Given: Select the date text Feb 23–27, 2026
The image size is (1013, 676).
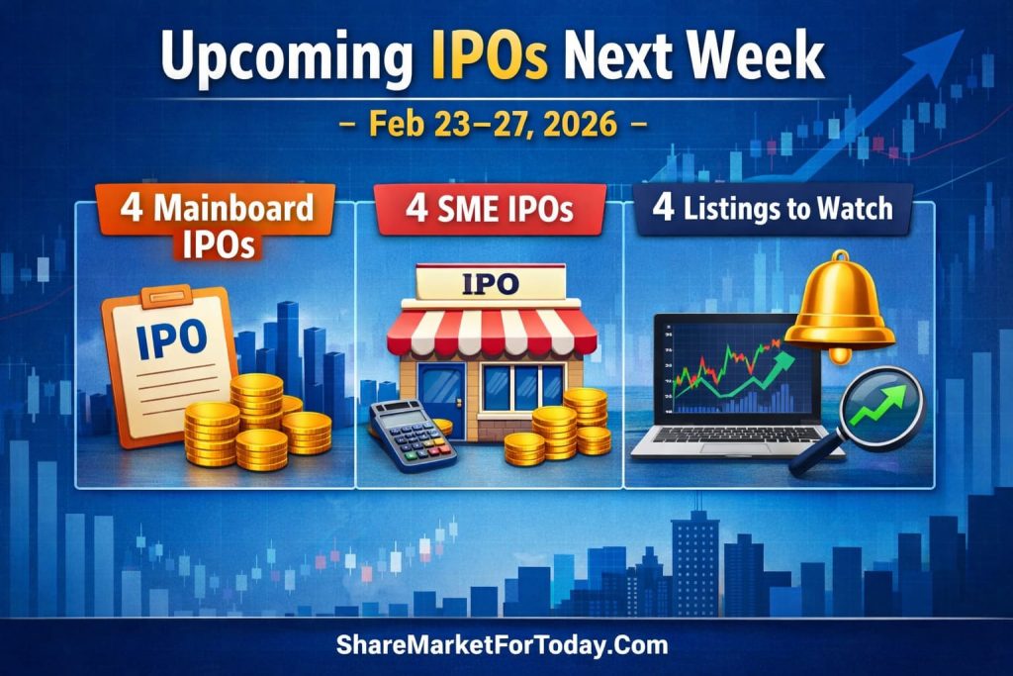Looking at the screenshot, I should [506, 126].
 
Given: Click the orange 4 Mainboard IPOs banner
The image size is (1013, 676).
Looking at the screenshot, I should [217, 224].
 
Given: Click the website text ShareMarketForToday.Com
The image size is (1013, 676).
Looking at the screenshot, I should [504, 645].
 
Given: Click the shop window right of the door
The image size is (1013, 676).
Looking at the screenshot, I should [524, 386].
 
